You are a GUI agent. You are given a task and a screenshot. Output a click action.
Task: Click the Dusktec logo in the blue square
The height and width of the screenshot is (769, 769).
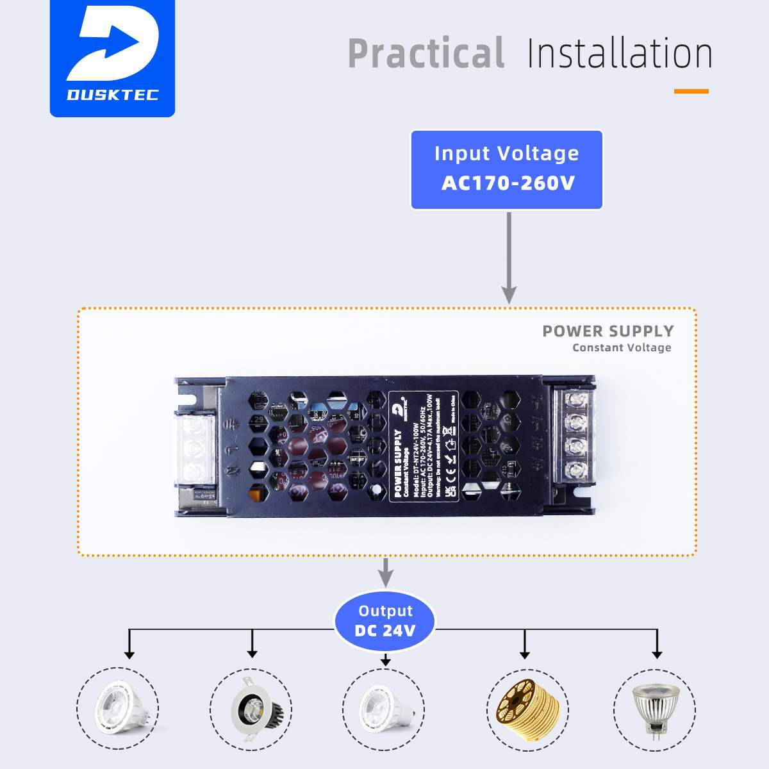tap(112, 58)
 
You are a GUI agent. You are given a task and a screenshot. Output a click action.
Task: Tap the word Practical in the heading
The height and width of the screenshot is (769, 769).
tap(426, 54)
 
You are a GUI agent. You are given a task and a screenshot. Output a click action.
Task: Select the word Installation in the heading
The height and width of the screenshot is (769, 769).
tap(619, 54)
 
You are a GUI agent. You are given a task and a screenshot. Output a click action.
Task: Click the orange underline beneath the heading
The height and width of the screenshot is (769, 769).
tap(691, 92)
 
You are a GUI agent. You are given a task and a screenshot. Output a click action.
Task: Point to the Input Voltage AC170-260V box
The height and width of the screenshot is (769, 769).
tap(506, 170)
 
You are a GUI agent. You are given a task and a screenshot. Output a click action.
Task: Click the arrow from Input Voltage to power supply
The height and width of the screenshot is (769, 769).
tap(509, 256)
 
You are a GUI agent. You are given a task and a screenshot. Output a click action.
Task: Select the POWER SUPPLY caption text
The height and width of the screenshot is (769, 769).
tap(608, 331)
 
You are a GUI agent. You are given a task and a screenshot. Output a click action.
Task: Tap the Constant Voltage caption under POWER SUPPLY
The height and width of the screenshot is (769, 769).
tap(622, 348)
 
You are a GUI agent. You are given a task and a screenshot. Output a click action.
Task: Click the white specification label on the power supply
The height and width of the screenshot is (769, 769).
tap(424, 446)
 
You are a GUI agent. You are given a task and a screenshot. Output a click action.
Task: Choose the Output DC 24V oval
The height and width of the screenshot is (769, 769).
tap(385, 621)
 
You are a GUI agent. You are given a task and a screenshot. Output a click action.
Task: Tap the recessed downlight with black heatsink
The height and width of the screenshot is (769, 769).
tap(252, 710)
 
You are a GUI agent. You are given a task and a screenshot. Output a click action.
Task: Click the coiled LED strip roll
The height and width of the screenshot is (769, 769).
tap(527, 710)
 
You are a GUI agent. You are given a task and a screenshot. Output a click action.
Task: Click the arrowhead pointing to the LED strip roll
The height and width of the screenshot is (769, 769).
tap(525, 654)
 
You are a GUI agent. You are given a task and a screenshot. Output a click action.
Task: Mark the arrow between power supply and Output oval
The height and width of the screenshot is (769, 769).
tap(385, 572)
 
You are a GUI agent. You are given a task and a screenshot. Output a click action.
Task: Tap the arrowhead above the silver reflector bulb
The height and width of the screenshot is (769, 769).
tap(657, 654)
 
